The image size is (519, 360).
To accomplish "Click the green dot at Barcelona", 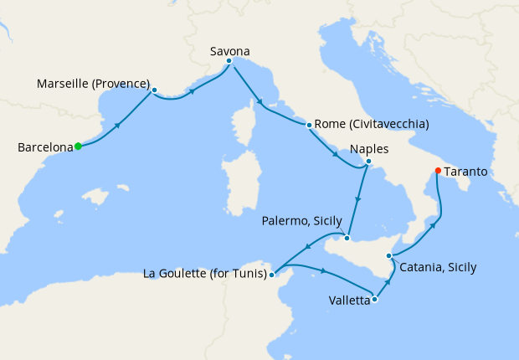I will point(78,147).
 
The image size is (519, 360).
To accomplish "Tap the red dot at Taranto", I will point(437,172).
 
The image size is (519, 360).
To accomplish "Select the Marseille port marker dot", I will point(155,90).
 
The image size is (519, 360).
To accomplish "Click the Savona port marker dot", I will point(229,60).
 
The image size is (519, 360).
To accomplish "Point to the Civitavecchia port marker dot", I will point(310,126).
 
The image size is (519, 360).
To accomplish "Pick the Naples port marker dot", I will point(368,161).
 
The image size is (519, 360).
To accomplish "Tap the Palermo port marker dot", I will point(347,238).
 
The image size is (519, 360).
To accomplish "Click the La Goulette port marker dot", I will point(272,274).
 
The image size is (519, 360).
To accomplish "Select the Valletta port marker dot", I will point(374,299).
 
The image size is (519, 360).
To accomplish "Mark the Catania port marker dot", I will point(388,255).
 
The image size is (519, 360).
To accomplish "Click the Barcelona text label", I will point(45,147).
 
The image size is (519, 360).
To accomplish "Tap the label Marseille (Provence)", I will point(94,85).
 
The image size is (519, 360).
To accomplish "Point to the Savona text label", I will point(229,51).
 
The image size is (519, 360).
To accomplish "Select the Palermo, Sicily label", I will point(301,221).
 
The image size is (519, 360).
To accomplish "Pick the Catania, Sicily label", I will point(438,268).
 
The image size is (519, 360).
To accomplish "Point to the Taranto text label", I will point(469,172).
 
